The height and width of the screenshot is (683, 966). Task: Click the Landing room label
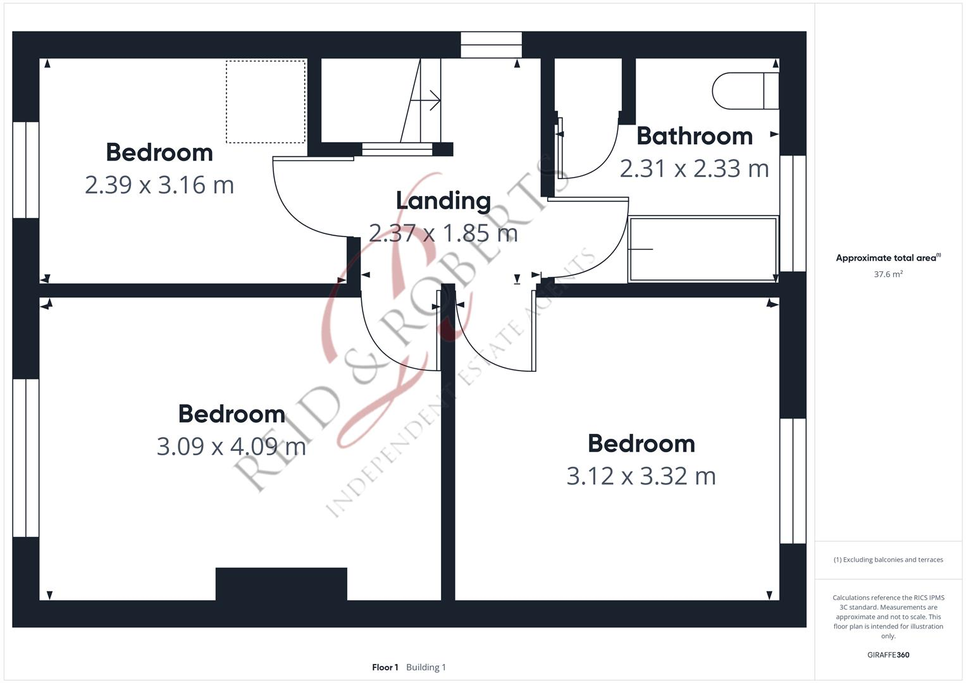coord(443,200)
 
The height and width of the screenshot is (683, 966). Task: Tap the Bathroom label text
coord(694,136)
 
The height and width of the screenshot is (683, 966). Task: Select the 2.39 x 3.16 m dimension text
coord(159,185)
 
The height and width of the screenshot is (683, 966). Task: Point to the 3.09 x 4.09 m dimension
coord(231,446)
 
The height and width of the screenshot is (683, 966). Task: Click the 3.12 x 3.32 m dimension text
coord(641,476)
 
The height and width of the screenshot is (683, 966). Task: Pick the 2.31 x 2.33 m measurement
coord(694,168)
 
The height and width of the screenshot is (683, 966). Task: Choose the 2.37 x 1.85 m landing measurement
coord(443,233)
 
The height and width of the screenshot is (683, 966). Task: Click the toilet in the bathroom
coord(745,91)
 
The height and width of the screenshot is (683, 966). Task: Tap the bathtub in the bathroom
coord(702,249)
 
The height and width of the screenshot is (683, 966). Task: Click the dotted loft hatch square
coord(266,102)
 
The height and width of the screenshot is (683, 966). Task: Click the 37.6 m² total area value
coord(888,274)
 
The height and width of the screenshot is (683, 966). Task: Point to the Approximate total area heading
coord(888,258)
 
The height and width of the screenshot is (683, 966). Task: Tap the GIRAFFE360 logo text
coord(888,655)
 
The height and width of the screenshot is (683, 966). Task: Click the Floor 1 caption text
coord(385,667)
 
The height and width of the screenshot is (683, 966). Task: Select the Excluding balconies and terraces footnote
coord(888,560)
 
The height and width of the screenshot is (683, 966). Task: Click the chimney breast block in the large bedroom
coord(281,584)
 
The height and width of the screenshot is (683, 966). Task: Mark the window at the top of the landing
coord(491,45)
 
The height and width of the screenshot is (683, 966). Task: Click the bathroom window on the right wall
coord(793,213)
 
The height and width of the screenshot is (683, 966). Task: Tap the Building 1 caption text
coord(426,667)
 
